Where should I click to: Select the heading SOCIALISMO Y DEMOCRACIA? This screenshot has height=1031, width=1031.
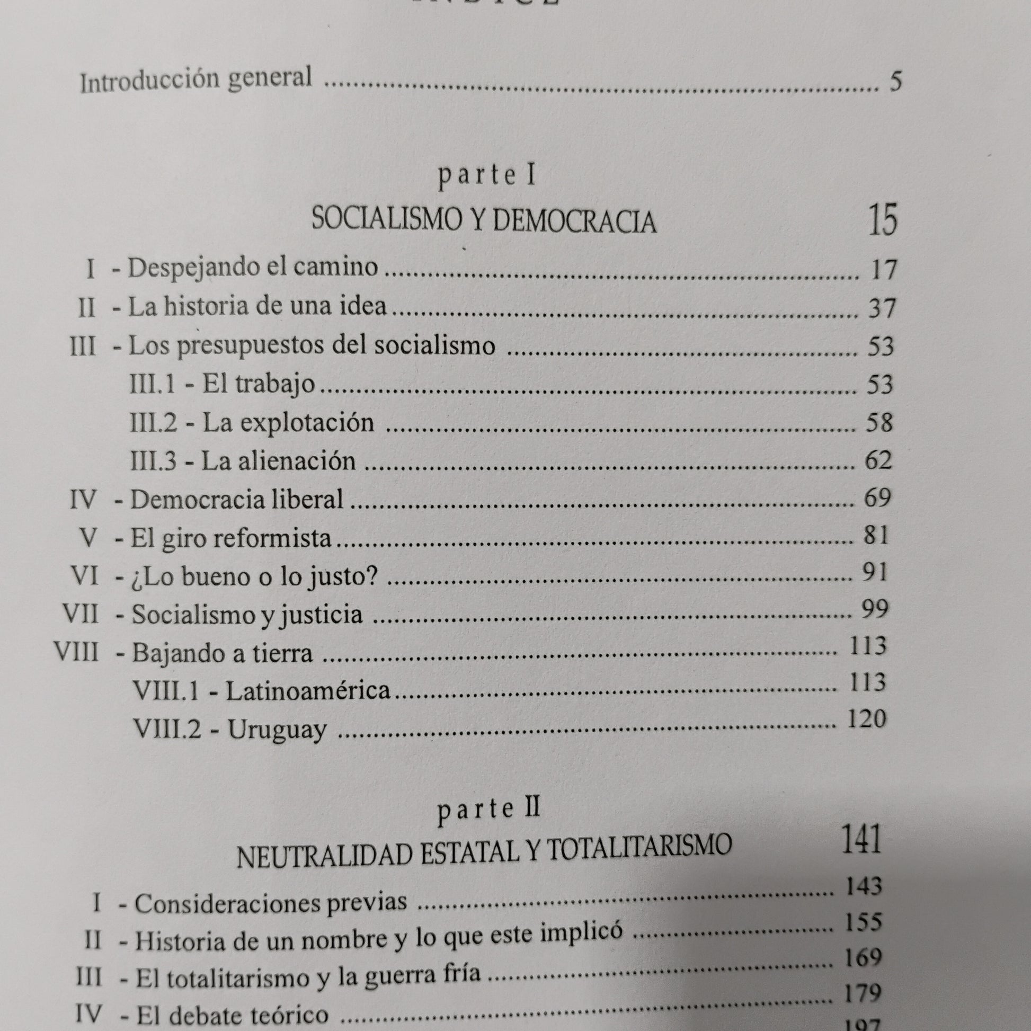tap(484, 220)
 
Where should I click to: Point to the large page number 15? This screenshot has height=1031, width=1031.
tap(883, 219)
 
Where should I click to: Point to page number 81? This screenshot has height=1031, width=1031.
tap(876, 535)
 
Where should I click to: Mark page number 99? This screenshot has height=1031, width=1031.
tap(875, 609)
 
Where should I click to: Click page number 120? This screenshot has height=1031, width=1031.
tap(866, 720)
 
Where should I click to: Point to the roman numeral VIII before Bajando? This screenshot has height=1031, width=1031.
tap(77, 652)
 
